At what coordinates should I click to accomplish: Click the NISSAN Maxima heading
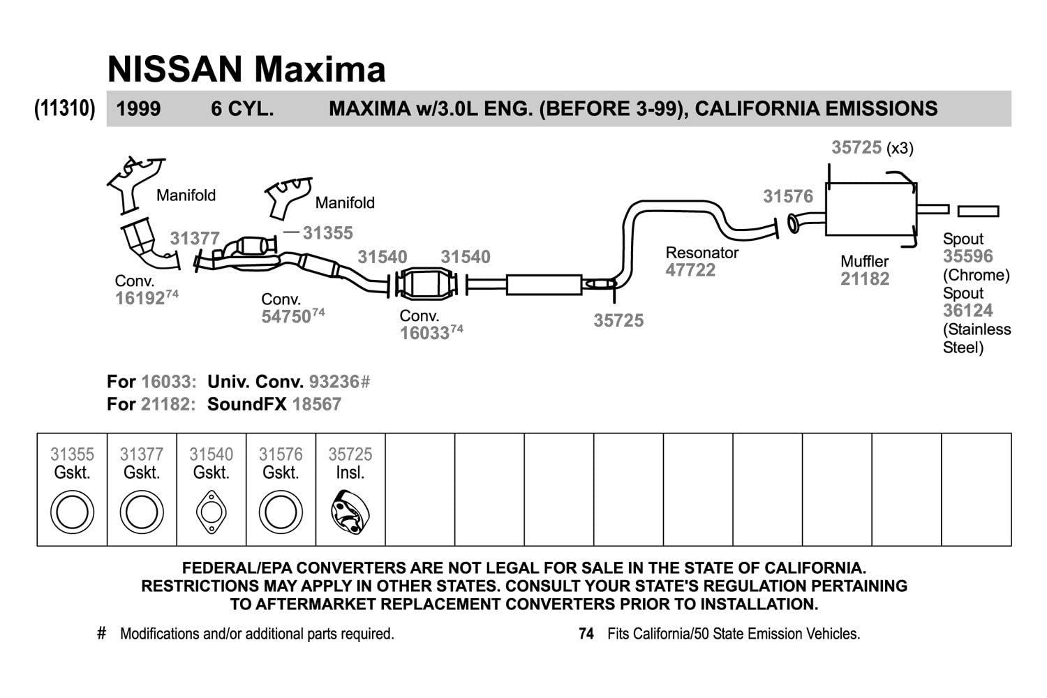coord(246,69)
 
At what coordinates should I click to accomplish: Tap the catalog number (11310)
coord(65,109)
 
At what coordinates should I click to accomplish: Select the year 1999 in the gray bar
coord(138,109)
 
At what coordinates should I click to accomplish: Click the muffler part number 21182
coord(865,279)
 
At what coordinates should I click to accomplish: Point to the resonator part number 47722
coord(690,270)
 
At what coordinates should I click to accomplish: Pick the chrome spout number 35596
coord(967,256)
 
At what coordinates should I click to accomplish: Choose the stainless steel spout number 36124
coord(967,311)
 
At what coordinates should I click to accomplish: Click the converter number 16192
coord(140,298)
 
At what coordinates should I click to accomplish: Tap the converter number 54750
coord(285,316)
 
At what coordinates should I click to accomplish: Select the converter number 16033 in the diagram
coord(424,333)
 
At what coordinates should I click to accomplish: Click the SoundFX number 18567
coord(316,404)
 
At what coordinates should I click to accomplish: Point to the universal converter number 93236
coord(334,382)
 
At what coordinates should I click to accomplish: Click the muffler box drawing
coord(870,209)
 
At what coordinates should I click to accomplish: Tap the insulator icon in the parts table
coord(350,512)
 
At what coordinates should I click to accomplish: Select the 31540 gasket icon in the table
coord(211,512)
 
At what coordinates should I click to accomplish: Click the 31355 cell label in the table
coord(72,454)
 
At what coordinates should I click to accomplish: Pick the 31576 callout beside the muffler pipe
coord(788,196)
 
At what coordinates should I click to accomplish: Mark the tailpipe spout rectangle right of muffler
coord(978,211)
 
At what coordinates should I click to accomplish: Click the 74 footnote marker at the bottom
coord(586,634)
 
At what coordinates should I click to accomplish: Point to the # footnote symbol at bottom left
coord(102,633)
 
